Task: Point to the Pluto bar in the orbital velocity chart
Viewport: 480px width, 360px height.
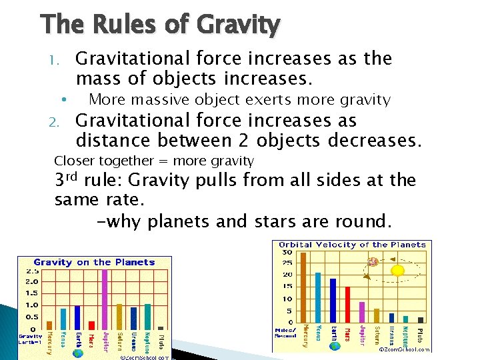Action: (420, 319)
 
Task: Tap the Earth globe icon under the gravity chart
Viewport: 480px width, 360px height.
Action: (77, 353)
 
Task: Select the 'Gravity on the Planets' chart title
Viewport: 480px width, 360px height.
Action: (94, 262)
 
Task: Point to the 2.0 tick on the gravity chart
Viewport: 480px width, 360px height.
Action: (32, 281)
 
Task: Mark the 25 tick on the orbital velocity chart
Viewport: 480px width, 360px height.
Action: (287, 263)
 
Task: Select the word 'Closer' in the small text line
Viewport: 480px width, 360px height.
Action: (73, 161)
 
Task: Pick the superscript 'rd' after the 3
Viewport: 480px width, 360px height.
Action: (73, 176)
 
